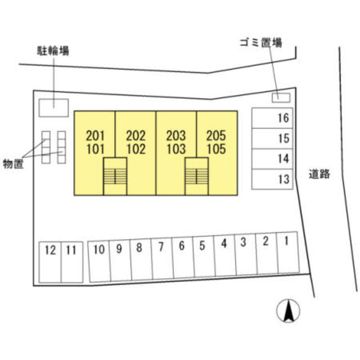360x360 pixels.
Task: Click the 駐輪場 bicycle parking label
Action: coord(53,51)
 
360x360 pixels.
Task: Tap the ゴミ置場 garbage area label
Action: coord(261,43)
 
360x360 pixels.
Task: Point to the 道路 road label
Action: coord(319,174)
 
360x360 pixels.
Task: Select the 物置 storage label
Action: coord(13,164)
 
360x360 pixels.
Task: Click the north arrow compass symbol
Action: coord(289,311)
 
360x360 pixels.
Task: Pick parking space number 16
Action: coord(272,118)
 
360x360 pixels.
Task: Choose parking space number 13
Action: coord(272,179)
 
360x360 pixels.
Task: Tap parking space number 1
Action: coord(287,253)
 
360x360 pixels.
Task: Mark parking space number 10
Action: coord(100,261)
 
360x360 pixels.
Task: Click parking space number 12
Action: coord(50,262)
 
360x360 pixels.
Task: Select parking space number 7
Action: coord(162,259)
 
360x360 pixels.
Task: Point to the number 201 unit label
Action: coord(95,136)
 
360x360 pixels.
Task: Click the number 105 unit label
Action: coord(216,149)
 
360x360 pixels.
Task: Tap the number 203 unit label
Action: coord(176,136)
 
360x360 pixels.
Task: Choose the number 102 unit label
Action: coord(136,149)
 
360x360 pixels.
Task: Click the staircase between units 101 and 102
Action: coord(115,176)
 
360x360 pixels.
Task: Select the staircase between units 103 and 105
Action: coord(197,176)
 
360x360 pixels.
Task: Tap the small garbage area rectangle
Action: coord(281,98)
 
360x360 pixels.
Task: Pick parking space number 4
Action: coord(225,255)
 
